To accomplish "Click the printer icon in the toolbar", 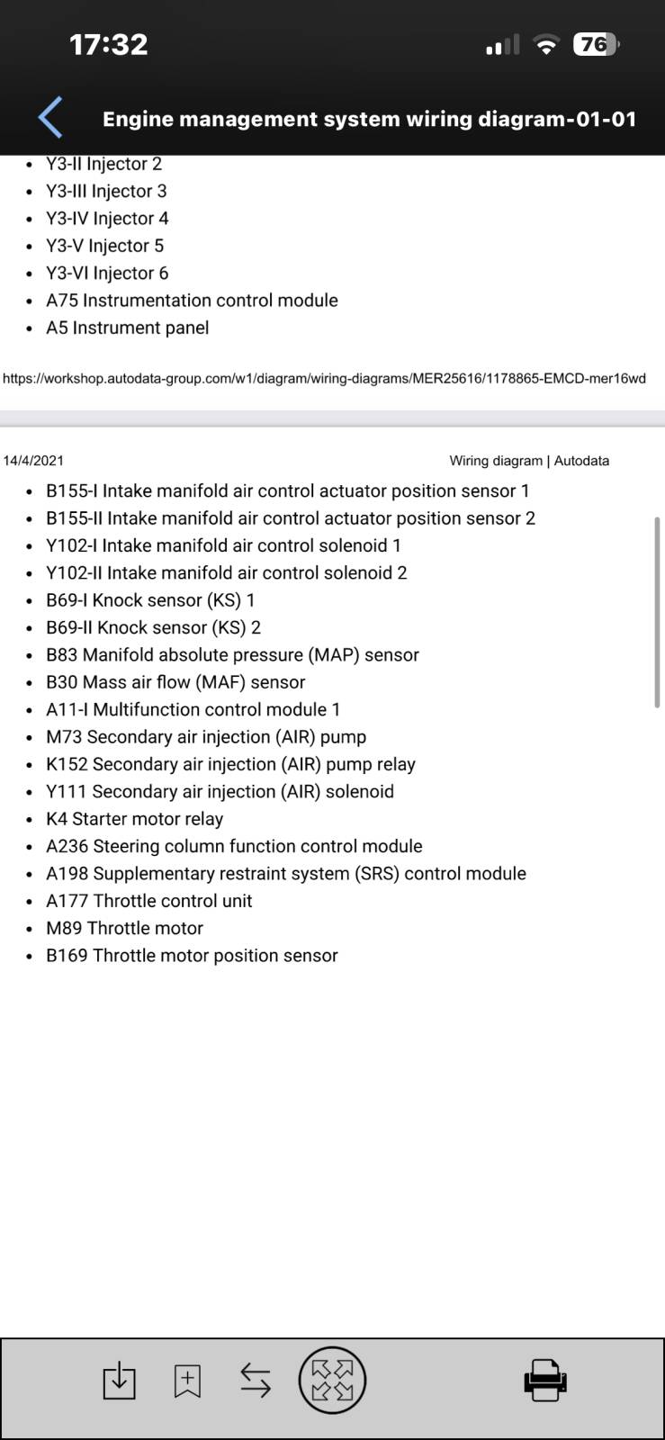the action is tap(544, 1380).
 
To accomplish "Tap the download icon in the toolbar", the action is tap(119, 1380).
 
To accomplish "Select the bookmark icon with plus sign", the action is tap(187, 1381).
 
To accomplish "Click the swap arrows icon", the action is tap(255, 1381).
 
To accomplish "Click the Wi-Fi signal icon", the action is tap(546, 44).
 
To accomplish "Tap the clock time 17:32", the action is tap(109, 44).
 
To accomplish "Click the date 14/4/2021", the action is tap(33, 460).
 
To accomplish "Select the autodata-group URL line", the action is tap(324, 378).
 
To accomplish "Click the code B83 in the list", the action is tap(62, 654).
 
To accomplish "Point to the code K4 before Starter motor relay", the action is tap(57, 818).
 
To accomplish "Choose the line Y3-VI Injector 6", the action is tap(107, 274).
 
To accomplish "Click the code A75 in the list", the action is tap(62, 301).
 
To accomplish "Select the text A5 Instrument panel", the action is tap(127, 328).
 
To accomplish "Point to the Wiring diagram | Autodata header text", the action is tap(529, 460).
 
